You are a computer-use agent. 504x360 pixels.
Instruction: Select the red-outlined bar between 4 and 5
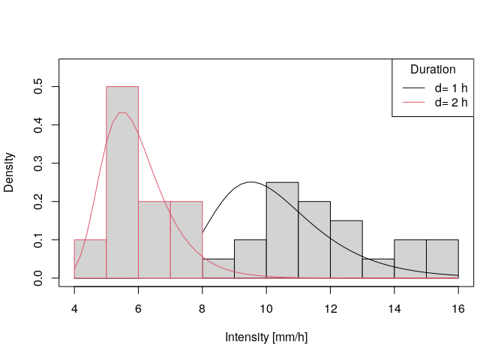[90, 259]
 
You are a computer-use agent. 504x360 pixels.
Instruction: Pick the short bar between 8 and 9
[218, 268]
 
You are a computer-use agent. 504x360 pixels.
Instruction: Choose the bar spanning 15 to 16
[442, 259]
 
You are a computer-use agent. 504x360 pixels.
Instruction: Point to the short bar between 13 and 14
[378, 268]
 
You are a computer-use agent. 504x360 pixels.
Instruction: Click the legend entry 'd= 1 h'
[451, 88]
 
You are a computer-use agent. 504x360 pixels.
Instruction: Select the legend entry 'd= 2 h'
[451, 103]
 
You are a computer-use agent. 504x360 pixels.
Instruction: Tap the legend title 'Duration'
[433, 70]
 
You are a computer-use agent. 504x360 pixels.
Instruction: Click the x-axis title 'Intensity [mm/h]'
[266, 337]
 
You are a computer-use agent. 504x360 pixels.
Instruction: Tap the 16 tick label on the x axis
[458, 308]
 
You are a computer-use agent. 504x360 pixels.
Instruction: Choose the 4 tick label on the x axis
[74, 308]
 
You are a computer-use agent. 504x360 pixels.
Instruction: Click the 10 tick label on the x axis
[266, 308]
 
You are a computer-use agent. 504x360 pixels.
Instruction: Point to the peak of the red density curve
[122, 112]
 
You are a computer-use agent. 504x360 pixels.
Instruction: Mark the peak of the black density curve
[251, 182]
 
